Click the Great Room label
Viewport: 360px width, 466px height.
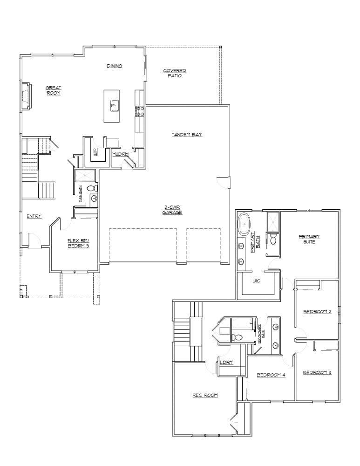pyautogui.click(x=54, y=90)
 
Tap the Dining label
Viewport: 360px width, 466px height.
pyautogui.click(x=114, y=66)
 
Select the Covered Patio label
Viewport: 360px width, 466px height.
pyautogui.click(x=175, y=73)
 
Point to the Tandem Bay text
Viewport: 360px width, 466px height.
pyautogui.click(x=186, y=135)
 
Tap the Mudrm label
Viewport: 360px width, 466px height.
pyautogui.click(x=120, y=154)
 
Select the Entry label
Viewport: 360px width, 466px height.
pyautogui.click(x=34, y=216)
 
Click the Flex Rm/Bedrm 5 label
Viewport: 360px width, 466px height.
pyautogui.click(x=78, y=243)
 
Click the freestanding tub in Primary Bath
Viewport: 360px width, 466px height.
pyautogui.click(x=244, y=224)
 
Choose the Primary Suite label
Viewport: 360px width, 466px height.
pyautogui.click(x=309, y=239)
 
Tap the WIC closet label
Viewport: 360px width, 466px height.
pyautogui.click(x=257, y=281)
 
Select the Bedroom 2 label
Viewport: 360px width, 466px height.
pyautogui.click(x=317, y=312)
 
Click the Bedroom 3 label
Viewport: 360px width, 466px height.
pyautogui.click(x=317, y=372)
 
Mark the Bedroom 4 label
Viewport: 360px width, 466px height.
pyautogui.click(x=271, y=375)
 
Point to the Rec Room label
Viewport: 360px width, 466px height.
pyautogui.click(x=205, y=395)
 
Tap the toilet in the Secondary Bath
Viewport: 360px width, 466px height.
pyautogui.click(x=238, y=337)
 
